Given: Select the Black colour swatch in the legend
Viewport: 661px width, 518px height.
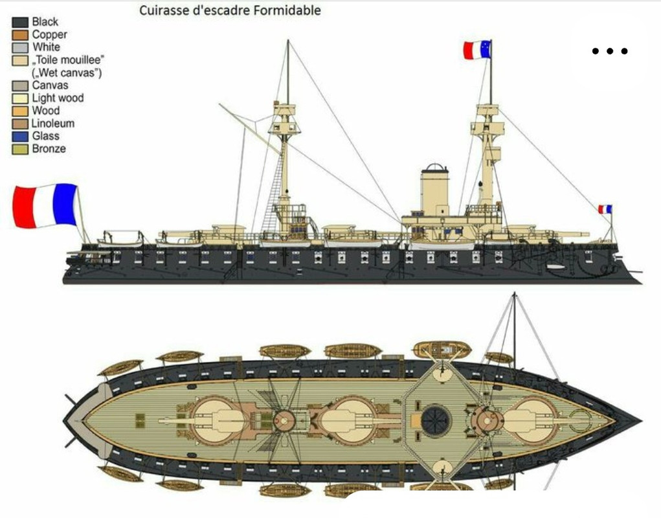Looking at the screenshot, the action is tap(20, 22).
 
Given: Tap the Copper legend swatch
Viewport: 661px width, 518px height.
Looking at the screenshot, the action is tap(20, 35).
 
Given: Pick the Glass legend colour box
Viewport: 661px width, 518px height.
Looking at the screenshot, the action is tap(20, 136).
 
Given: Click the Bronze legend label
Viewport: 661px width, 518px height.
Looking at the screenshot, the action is tap(49, 149).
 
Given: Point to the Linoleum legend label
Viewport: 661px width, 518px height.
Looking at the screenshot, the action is tap(53, 124).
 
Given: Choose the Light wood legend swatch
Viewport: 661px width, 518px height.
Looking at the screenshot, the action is tap(20, 98).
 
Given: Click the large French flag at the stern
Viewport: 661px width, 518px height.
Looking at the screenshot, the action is tap(45, 206).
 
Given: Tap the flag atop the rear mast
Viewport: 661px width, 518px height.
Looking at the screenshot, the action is tap(476, 50).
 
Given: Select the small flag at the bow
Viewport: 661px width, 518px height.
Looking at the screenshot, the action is tap(605, 209).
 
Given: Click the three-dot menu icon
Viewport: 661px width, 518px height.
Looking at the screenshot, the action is tap(610, 51).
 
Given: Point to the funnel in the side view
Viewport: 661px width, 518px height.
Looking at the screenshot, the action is tap(434, 190).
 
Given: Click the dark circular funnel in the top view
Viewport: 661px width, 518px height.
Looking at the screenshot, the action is tap(436, 421).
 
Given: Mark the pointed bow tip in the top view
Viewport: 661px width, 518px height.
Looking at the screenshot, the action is tap(641, 420).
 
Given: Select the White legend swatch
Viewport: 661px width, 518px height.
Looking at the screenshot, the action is tap(20, 48).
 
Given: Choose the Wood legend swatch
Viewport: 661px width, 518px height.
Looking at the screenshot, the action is tap(20, 111).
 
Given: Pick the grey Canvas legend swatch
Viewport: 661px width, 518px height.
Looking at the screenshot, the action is tap(20, 85).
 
